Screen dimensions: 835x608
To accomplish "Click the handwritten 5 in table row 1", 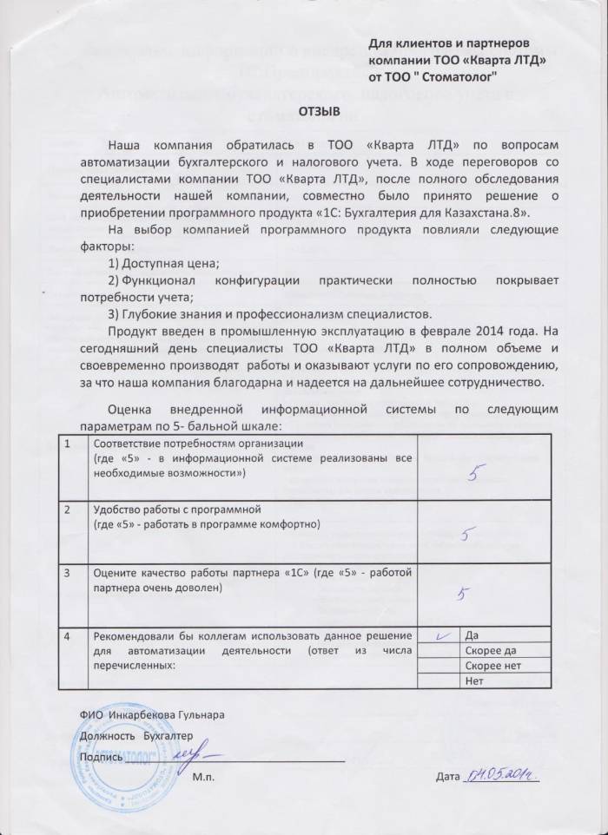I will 473,473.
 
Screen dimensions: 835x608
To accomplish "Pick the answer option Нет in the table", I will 474,680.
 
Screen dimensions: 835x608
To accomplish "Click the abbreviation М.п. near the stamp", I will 203,775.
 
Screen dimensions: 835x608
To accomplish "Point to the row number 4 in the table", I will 68,635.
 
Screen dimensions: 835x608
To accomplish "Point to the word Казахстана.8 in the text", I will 494,214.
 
